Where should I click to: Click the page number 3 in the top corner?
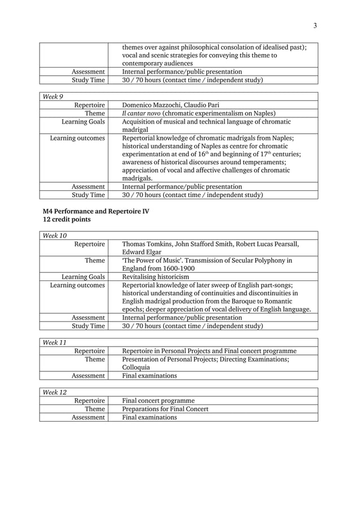click(315, 25)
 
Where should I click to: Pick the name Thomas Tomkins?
click(148, 244)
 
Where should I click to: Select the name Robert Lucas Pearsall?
click(261, 244)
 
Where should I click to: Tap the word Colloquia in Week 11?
click(137, 367)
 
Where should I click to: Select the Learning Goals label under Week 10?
click(83, 277)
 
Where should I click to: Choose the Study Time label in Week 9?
click(88, 195)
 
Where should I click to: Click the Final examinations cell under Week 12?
click(150, 417)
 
